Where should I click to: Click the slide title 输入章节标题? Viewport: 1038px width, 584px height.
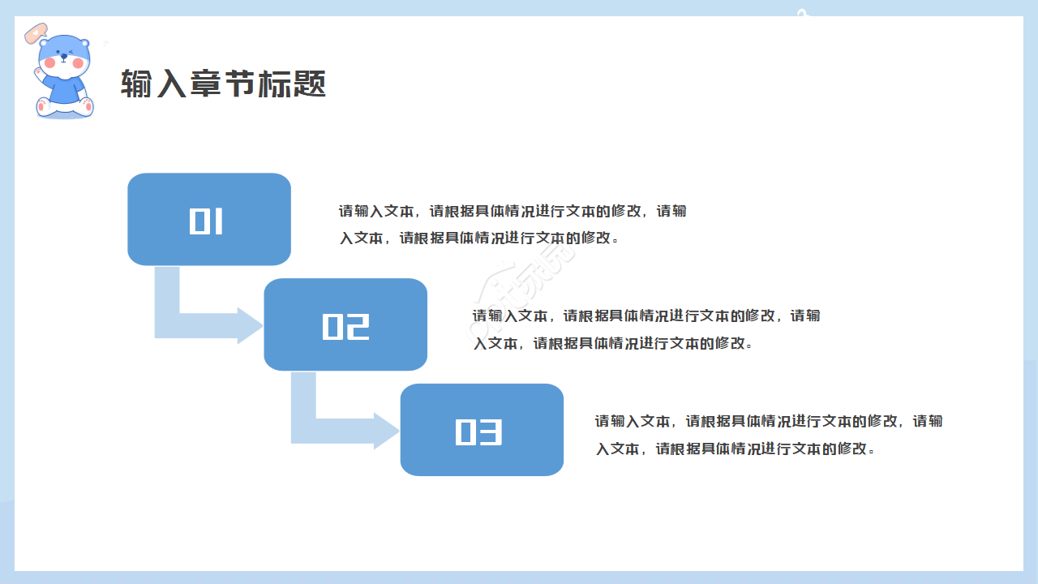(x=223, y=84)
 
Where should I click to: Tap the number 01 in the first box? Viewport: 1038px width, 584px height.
(x=207, y=221)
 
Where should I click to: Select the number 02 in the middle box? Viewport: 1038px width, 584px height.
(x=345, y=326)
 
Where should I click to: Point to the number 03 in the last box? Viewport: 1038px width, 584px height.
(x=479, y=432)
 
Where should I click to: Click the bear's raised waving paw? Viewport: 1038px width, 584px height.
(x=38, y=72)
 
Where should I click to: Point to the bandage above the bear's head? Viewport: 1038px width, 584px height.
(x=36, y=33)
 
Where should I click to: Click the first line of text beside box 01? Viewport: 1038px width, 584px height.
(x=513, y=212)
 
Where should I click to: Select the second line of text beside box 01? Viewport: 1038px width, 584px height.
(x=478, y=238)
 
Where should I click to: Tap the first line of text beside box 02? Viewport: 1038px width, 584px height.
(x=646, y=316)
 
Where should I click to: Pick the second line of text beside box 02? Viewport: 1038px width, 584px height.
(x=613, y=343)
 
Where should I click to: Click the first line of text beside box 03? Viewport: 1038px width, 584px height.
(x=769, y=421)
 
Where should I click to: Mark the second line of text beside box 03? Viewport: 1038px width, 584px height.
(x=736, y=449)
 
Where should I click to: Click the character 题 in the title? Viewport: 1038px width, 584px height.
(x=310, y=84)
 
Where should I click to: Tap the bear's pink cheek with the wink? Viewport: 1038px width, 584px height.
(x=78, y=62)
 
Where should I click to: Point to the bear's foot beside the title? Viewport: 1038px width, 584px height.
(x=86, y=105)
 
